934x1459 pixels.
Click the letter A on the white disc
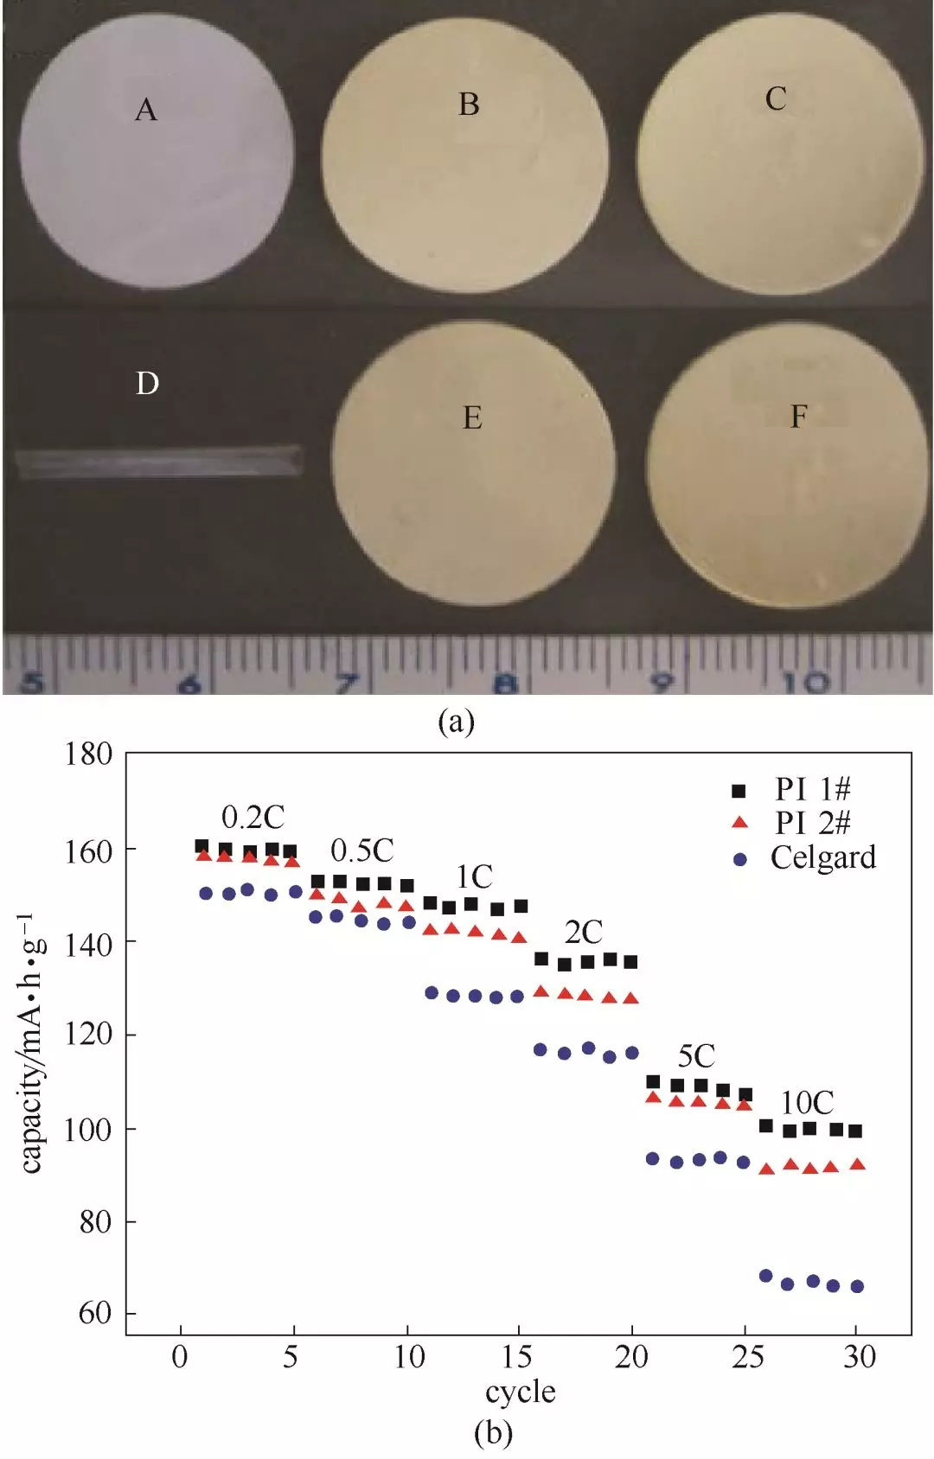(x=146, y=110)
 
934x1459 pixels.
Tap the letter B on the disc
(x=469, y=105)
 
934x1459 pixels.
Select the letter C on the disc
(x=776, y=99)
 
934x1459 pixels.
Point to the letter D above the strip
(x=147, y=383)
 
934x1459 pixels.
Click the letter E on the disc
(x=472, y=418)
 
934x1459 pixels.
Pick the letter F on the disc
(x=798, y=417)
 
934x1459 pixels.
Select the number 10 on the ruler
(x=804, y=684)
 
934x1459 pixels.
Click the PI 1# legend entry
(x=812, y=789)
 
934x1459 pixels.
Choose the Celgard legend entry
(x=822, y=857)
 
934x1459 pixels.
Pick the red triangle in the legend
(x=739, y=822)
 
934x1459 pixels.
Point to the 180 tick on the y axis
(x=89, y=754)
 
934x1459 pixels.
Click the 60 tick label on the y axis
(x=95, y=1313)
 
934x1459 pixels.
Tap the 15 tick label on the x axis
(x=516, y=1357)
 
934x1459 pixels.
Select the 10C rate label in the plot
(x=807, y=1102)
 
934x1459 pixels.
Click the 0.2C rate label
(x=253, y=817)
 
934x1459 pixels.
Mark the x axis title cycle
(x=520, y=1392)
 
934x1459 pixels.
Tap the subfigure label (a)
(x=456, y=721)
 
